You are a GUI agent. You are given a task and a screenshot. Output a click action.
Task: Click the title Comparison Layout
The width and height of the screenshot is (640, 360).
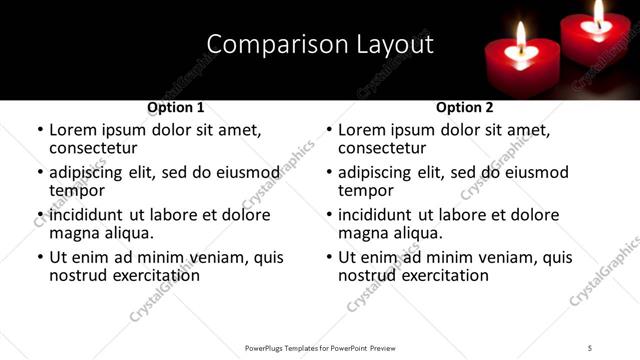coord(320,44)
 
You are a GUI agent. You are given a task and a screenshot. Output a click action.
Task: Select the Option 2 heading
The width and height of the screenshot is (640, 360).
coord(464,107)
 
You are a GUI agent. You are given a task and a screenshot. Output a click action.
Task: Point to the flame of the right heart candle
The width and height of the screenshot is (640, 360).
coord(599,12)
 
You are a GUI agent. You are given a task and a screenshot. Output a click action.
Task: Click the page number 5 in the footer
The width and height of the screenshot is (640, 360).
coord(590,347)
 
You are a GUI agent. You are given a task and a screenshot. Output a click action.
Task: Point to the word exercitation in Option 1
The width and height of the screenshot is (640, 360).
coord(152,274)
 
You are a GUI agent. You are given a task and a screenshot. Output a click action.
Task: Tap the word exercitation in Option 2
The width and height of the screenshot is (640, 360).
coord(441,274)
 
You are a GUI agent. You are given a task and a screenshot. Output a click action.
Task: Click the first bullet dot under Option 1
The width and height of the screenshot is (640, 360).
coord(41,131)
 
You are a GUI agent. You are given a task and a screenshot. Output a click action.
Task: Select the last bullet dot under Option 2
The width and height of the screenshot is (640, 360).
coord(330,257)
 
